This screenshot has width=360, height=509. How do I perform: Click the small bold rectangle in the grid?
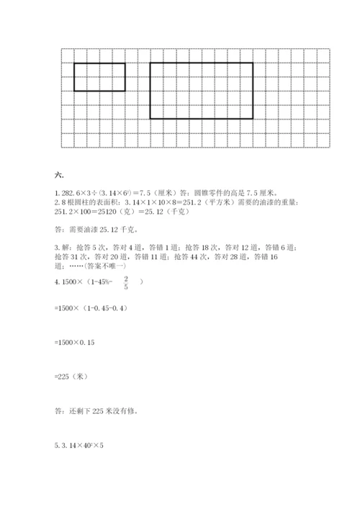(99, 77)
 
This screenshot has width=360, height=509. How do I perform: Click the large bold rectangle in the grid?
(201, 90)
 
